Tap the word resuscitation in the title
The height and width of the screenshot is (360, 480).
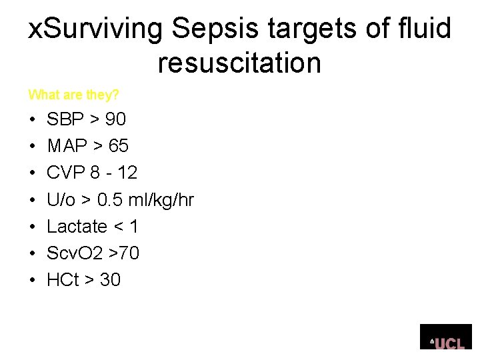[239, 63]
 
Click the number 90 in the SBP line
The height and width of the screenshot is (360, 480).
[115, 119]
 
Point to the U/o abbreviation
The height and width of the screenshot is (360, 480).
[61, 199]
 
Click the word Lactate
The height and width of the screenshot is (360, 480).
[77, 227]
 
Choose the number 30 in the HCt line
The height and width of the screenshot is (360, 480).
[110, 280]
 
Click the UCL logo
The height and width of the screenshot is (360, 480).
[445, 337]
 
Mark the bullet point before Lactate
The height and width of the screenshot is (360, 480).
[31, 227]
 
